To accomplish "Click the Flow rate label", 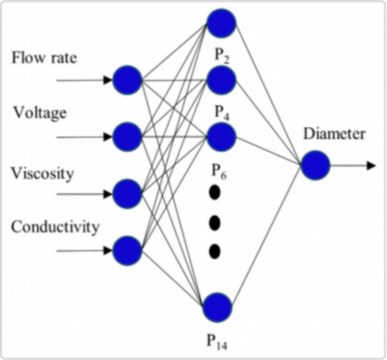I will tap(44, 57).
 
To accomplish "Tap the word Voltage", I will tap(40, 112).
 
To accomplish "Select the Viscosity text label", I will tap(43, 173).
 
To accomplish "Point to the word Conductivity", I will tap(55, 227).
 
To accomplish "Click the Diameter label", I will tap(334, 134).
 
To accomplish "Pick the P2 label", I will tap(223, 55).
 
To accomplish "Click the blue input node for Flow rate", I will tap(127, 80).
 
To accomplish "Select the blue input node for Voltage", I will tap(127, 137).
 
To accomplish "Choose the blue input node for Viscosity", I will tap(127, 194).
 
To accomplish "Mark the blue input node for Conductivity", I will tap(127, 251).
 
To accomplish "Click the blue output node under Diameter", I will tap(315, 165).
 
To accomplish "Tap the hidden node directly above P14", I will tap(217, 307).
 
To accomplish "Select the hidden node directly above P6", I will tap(221, 136).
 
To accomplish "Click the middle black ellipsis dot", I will tap(215, 223).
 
